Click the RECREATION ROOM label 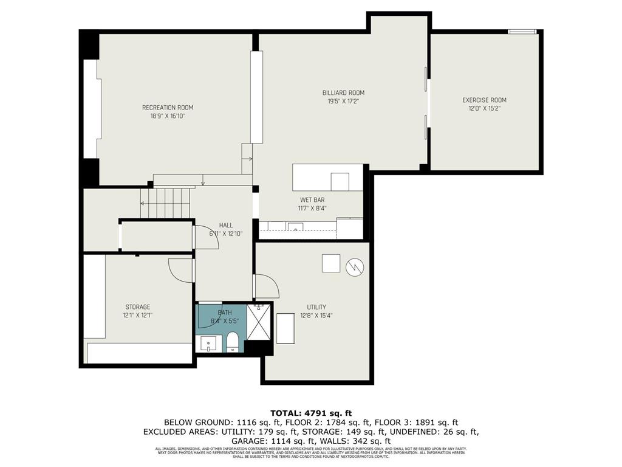pos(168,108)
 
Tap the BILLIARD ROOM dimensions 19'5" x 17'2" pos(343,102)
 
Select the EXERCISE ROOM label pos(484,100)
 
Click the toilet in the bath pos(232,342)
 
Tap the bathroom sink pos(208,344)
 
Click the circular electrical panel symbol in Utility pos(354,266)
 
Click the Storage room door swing pos(180,270)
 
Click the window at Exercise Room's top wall pos(522,32)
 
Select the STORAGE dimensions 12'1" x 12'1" pos(138,316)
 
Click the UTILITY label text pos(316,307)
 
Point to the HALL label pos(226,225)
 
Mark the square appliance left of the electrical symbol pos(331,263)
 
